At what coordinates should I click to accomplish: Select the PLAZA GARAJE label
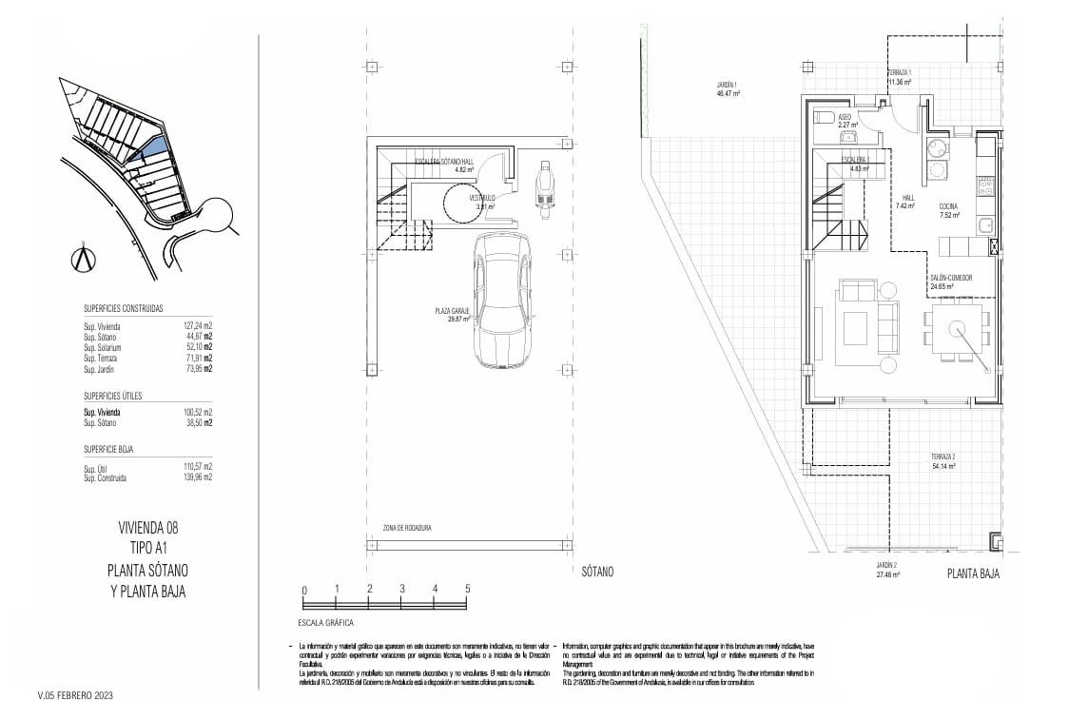[452, 312]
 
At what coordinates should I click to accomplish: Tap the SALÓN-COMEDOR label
[951, 278]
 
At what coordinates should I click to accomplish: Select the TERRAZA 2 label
[943, 457]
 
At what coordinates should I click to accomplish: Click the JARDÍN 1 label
[728, 86]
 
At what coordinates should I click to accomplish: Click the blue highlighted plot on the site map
[153, 147]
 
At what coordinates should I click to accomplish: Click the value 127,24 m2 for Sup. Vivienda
[197, 326]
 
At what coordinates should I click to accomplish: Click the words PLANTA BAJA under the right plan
[973, 573]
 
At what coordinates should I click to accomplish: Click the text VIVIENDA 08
[147, 527]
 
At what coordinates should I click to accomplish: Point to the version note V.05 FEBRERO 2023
[75, 696]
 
